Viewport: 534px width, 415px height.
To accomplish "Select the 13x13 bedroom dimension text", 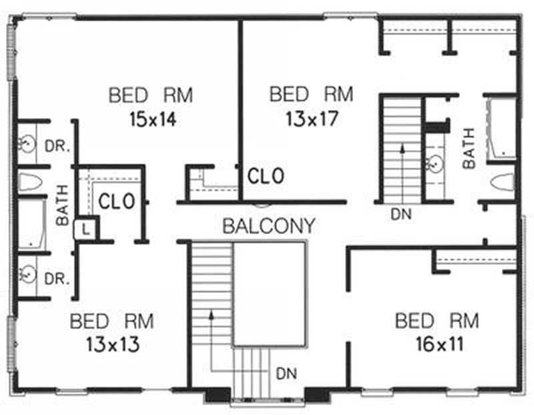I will [111, 345].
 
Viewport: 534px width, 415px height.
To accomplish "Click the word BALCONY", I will [268, 226].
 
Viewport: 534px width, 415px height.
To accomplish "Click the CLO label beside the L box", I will [117, 201].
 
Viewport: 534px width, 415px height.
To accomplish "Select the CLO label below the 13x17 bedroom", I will [266, 176].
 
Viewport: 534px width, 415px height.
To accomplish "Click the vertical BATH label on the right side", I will [469, 148].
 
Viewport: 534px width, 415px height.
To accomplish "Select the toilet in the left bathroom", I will [30, 181].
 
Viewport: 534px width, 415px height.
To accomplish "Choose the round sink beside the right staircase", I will [436, 161].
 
